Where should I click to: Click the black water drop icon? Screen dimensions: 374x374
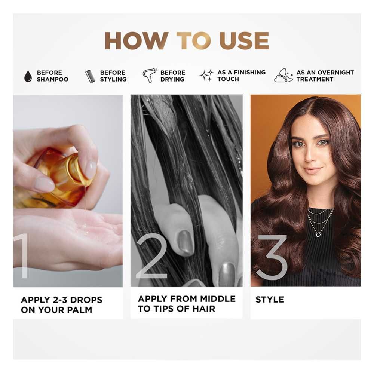28,76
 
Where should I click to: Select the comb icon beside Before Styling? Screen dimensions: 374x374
90,76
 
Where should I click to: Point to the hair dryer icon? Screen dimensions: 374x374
150,76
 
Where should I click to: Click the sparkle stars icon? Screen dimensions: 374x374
206,76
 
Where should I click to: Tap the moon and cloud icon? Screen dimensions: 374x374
283,76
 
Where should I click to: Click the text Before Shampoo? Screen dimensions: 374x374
52,76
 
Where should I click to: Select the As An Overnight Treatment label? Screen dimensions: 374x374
325,76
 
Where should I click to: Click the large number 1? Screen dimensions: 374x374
23,256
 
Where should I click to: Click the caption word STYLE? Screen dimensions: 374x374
270,300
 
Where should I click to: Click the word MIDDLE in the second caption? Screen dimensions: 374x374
218,298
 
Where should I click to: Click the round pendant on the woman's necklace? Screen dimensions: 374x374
318,235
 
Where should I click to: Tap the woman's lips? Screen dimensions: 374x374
312,170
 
